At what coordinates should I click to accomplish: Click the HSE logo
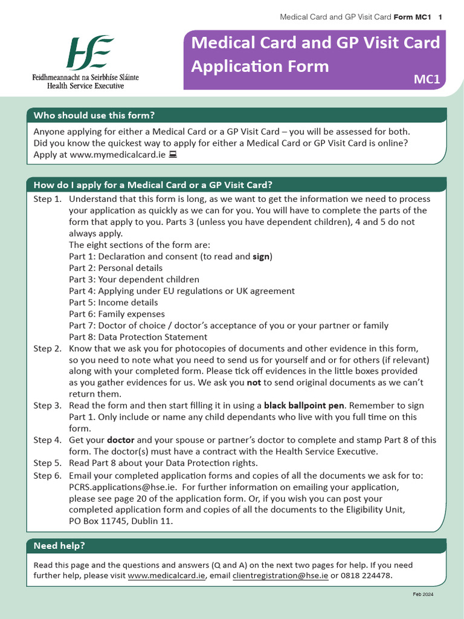click(89, 53)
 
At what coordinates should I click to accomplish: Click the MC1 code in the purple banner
click(427, 79)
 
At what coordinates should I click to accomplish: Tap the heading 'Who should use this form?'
click(94, 115)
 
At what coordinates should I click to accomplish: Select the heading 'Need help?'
click(59, 546)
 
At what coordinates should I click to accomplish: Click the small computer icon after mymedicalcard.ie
click(173, 155)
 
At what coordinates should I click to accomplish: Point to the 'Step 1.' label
click(47, 199)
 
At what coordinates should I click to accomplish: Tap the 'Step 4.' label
click(47, 440)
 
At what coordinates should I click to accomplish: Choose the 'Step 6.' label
click(47, 475)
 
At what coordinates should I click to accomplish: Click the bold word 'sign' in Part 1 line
click(261, 256)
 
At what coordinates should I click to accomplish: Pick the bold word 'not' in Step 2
click(254, 383)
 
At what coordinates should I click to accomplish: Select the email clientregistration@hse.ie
click(280, 576)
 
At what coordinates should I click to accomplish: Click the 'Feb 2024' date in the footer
click(423, 594)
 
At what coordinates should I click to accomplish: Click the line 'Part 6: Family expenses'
click(117, 314)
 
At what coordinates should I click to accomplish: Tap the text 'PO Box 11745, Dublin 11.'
click(121, 521)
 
